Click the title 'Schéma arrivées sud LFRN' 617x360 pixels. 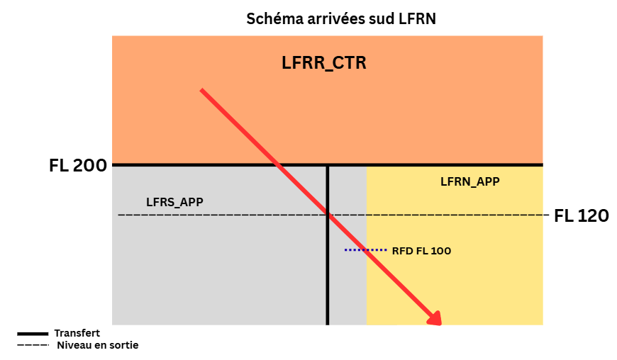341,19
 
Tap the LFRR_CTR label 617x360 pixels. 324,63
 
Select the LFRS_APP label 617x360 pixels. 174,202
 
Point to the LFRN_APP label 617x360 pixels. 469,181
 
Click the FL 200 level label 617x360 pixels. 78,165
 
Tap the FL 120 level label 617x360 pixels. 582,215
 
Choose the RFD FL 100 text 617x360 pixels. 421,251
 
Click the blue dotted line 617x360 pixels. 365,250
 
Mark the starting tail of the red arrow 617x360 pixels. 202,91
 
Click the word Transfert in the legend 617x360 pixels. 77,333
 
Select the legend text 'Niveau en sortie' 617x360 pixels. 98,345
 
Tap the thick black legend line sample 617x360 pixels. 33,334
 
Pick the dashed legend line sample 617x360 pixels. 33,345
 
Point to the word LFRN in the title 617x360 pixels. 418,19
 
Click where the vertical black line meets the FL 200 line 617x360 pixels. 328,165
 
